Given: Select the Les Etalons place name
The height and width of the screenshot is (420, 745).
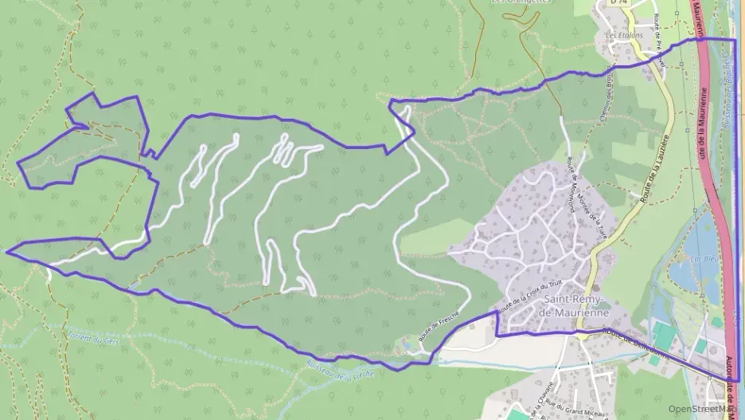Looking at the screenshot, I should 623,36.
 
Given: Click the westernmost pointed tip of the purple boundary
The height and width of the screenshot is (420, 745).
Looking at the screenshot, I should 7,250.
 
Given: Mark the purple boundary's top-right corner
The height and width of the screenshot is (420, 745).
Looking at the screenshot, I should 735,39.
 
